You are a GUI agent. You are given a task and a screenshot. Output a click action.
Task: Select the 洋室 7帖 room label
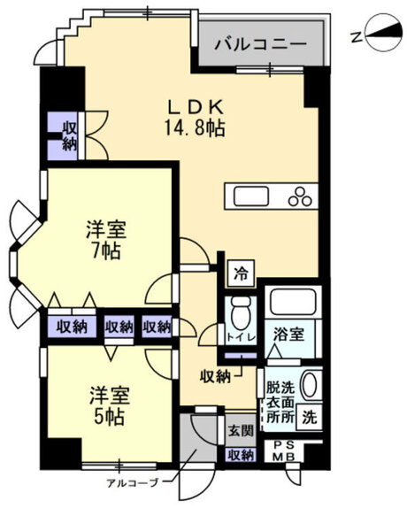pyautogui.click(x=104, y=239)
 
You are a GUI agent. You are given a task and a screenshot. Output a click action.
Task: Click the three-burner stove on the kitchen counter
pyautogui.click(x=301, y=196)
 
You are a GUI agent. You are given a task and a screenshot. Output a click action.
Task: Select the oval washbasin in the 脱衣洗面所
pyautogui.click(x=310, y=385)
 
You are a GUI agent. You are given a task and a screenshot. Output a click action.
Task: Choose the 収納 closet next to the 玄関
pyautogui.click(x=240, y=455)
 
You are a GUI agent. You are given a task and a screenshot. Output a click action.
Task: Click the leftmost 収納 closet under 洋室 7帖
pyautogui.click(x=73, y=327)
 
